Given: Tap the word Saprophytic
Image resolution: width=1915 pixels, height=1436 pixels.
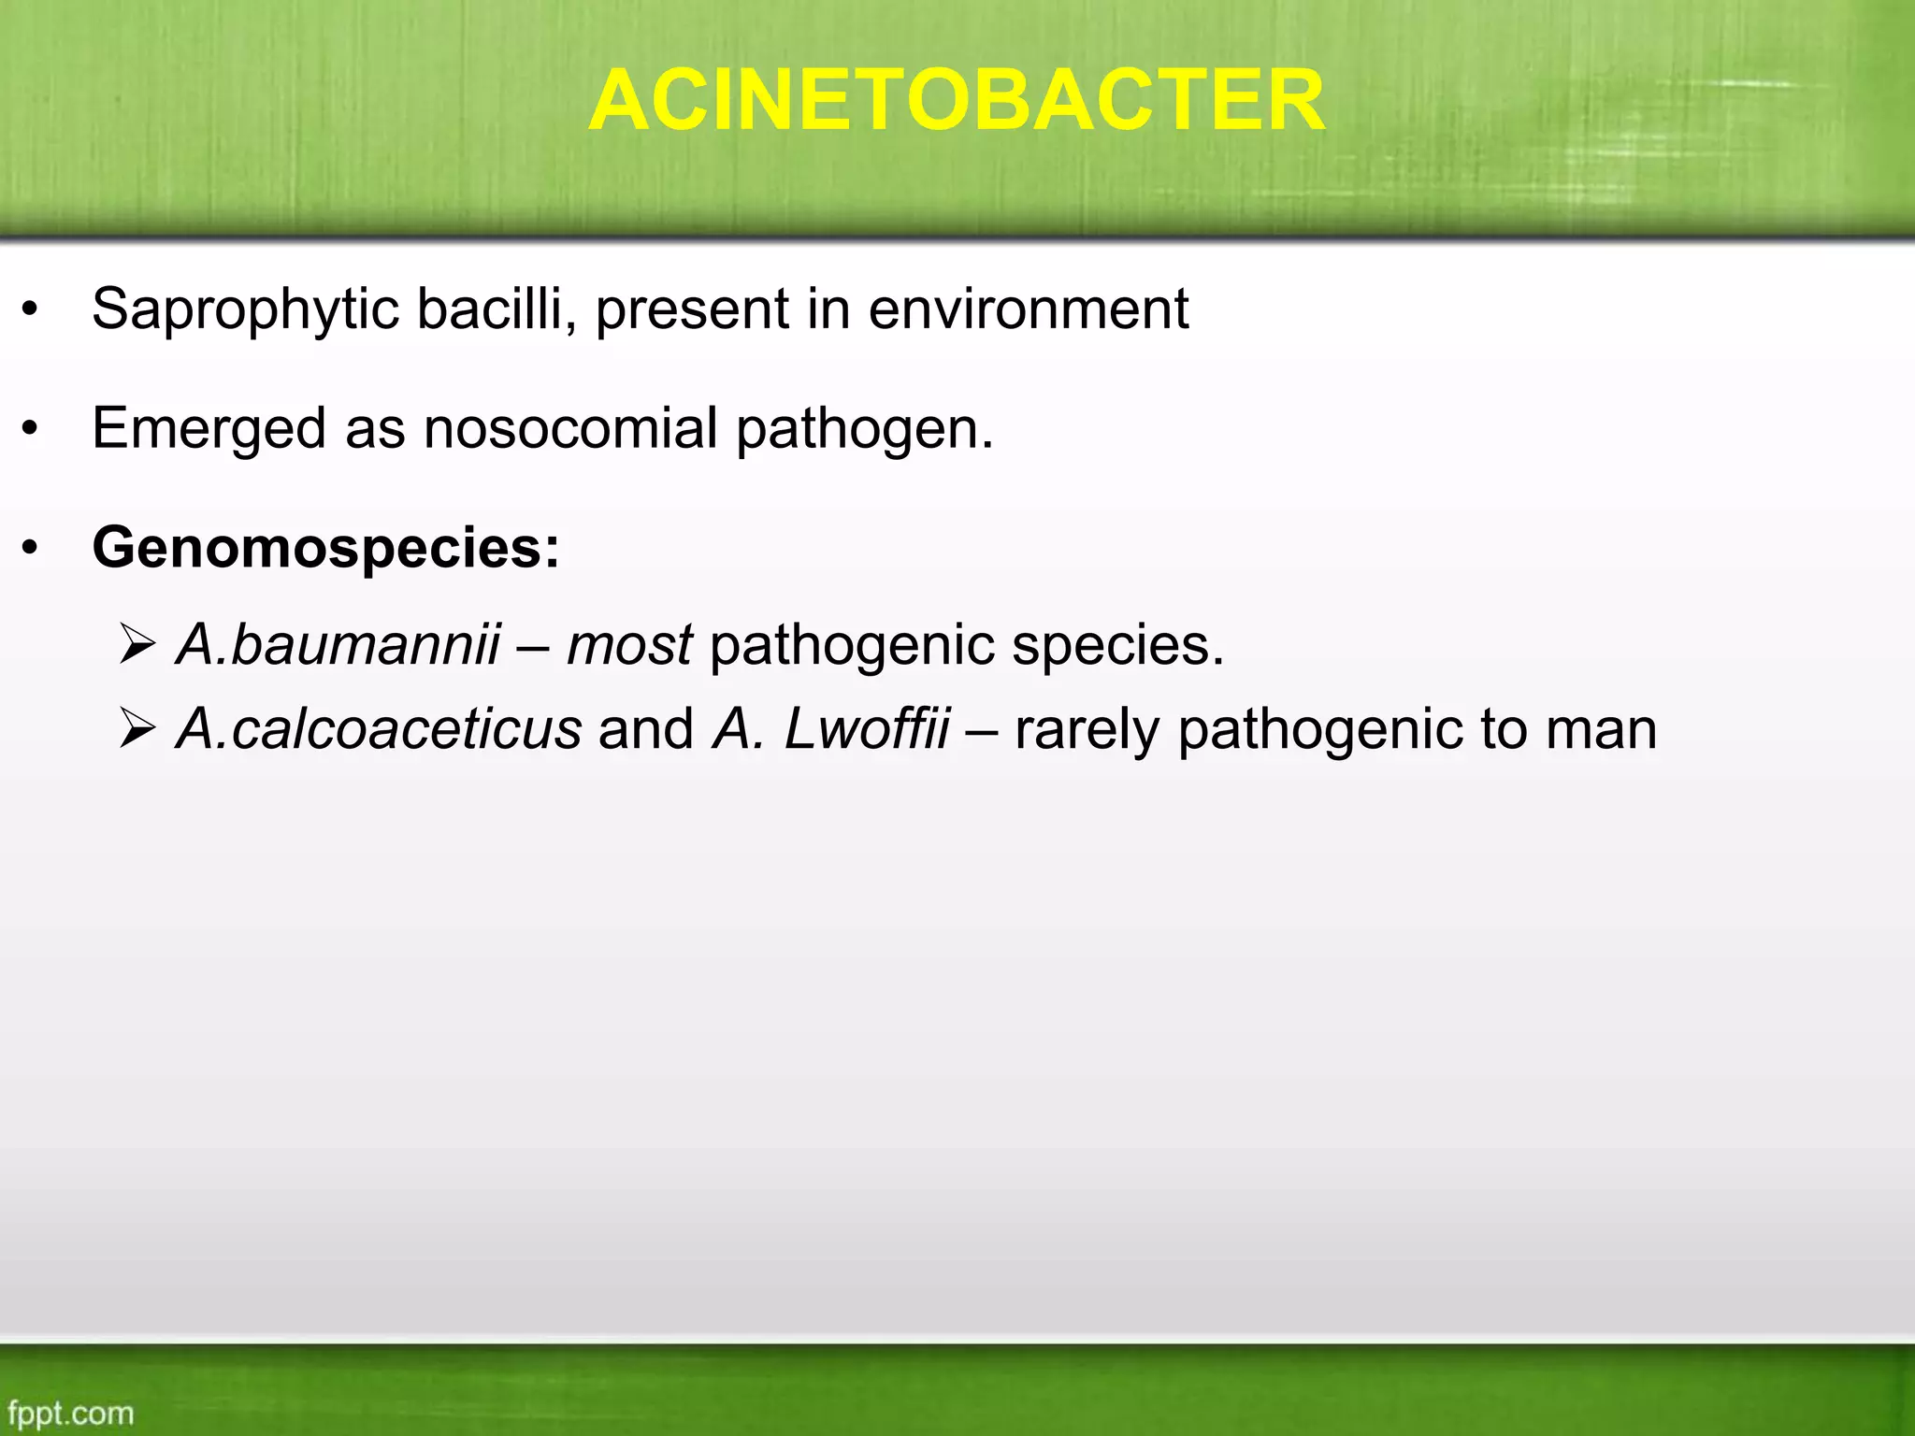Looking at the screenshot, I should tap(245, 309).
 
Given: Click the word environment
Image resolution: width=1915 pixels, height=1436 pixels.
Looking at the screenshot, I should tap(1028, 309).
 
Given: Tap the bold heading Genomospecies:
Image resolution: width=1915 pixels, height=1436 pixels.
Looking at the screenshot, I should tap(325, 548).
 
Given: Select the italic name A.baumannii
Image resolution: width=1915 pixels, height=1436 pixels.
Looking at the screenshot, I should tap(338, 644).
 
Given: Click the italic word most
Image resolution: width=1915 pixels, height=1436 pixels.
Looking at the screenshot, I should tap(629, 645).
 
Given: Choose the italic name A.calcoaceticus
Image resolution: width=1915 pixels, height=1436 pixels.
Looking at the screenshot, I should tap(379, 729).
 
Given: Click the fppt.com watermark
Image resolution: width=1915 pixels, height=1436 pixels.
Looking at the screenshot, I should tap(71, 1413).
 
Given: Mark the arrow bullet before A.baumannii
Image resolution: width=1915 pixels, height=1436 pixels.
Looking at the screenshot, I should tap(137, 644).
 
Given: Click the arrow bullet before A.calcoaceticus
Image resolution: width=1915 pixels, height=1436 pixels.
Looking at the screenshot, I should tap(137, 729).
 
